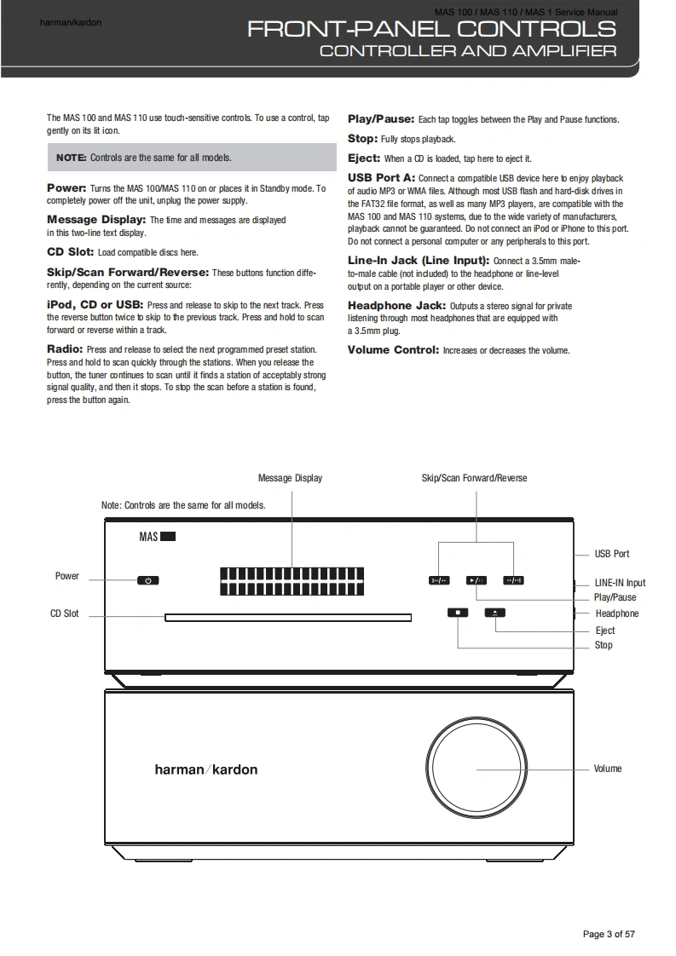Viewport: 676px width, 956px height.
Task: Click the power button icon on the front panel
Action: click(147, 581)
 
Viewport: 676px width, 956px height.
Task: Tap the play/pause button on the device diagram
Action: click(476, 581)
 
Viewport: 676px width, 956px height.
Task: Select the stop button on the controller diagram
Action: click(458, 612)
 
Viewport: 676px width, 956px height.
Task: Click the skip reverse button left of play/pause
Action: click(438, 581)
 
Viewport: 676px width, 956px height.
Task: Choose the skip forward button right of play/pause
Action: click(513, 581)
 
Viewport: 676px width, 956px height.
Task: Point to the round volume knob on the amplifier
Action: click(477, 769)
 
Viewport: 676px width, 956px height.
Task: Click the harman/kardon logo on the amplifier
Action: click(205, 769)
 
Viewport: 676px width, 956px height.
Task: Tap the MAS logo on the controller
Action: click(157, 537)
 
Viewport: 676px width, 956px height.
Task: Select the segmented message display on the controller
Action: click(291, 581)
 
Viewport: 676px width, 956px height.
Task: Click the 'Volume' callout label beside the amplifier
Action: click(608, 769)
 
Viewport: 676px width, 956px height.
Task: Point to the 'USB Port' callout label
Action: click(612, 554)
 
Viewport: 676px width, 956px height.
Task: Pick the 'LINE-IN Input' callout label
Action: click(620, 583)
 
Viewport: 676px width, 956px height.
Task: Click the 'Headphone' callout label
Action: click(616, 613)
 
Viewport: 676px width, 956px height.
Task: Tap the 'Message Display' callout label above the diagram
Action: click(290, 478)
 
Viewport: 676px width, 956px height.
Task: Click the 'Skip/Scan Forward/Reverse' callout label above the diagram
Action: click(474, 478)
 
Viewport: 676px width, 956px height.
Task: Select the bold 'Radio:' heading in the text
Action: click(65, 349)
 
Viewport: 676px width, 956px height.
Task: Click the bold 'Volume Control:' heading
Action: click(393, 350)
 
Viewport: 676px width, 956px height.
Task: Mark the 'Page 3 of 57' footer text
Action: click(609, 934)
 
